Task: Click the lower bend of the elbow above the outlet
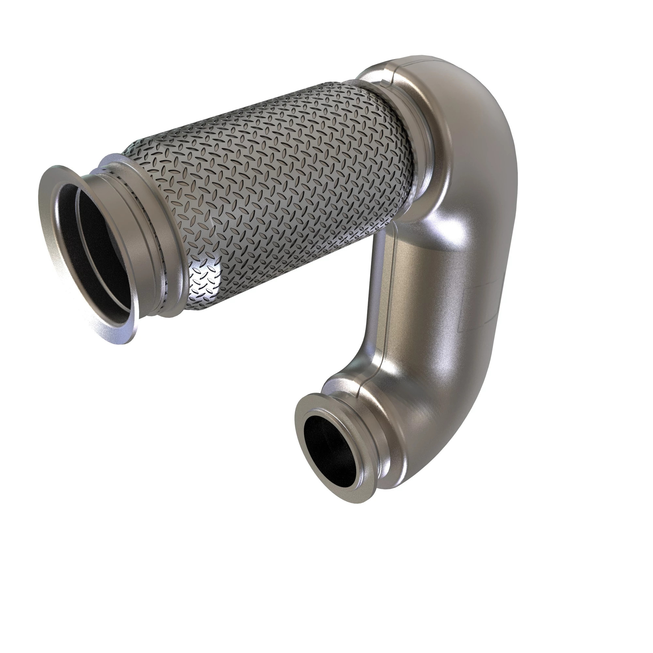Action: pyautogui.click(x=422, y=406)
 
